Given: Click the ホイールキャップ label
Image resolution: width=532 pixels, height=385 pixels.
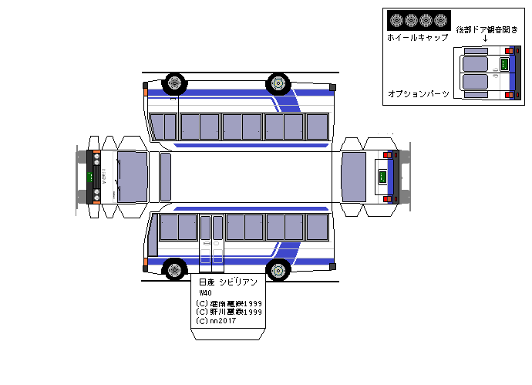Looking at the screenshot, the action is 417,37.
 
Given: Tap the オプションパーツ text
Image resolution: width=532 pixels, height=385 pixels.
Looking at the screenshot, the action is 418,93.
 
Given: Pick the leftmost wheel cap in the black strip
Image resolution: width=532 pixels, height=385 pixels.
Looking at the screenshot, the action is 397,20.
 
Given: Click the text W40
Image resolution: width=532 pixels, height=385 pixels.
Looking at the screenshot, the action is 205,293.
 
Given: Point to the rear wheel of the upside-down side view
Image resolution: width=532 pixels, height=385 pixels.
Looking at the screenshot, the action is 278,83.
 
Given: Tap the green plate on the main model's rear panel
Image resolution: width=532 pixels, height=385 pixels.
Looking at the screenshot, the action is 381,177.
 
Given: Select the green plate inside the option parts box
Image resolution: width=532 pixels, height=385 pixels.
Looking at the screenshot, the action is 504,65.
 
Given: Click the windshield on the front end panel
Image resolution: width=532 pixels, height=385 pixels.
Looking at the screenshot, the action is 131,177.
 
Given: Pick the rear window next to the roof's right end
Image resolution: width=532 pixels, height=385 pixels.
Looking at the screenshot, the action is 353,177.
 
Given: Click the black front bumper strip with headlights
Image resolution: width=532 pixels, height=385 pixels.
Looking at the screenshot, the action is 96,177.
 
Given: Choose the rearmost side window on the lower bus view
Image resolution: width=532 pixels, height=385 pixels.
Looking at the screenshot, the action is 317,227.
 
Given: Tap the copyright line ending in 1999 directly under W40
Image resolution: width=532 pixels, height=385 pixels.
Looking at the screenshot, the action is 229,302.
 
